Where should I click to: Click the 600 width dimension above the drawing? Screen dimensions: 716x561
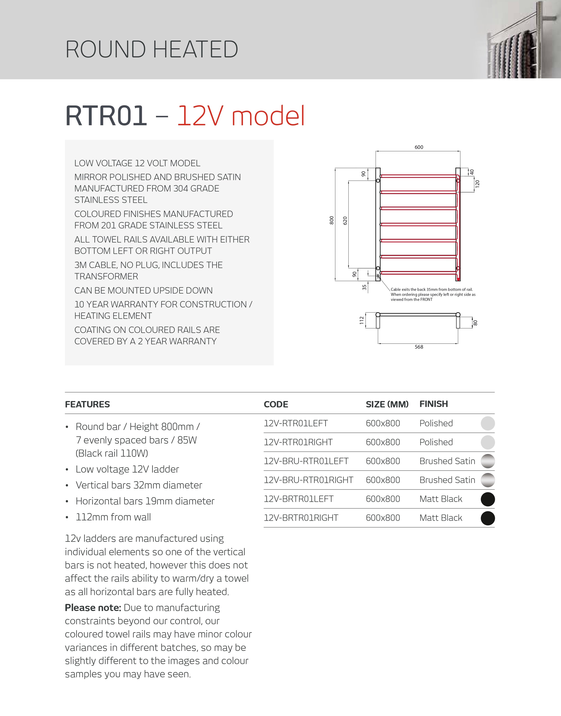tap(419, 147)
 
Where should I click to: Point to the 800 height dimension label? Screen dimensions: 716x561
tap(331, 220)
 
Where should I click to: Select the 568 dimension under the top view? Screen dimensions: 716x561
tap(419, 347)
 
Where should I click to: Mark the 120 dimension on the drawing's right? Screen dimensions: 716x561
tap(478, 184)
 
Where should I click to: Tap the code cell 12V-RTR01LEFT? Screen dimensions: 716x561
tap(296, 423)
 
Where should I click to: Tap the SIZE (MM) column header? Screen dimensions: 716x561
tap(387, 404)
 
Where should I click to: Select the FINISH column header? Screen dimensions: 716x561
tap(434, 404)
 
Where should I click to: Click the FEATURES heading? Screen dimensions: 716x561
tap(87, 404)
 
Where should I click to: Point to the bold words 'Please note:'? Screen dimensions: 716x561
tap(93, 607)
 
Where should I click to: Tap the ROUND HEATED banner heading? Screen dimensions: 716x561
tap(152, 49)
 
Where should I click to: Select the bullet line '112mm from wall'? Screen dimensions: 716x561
tap(113, 517)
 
